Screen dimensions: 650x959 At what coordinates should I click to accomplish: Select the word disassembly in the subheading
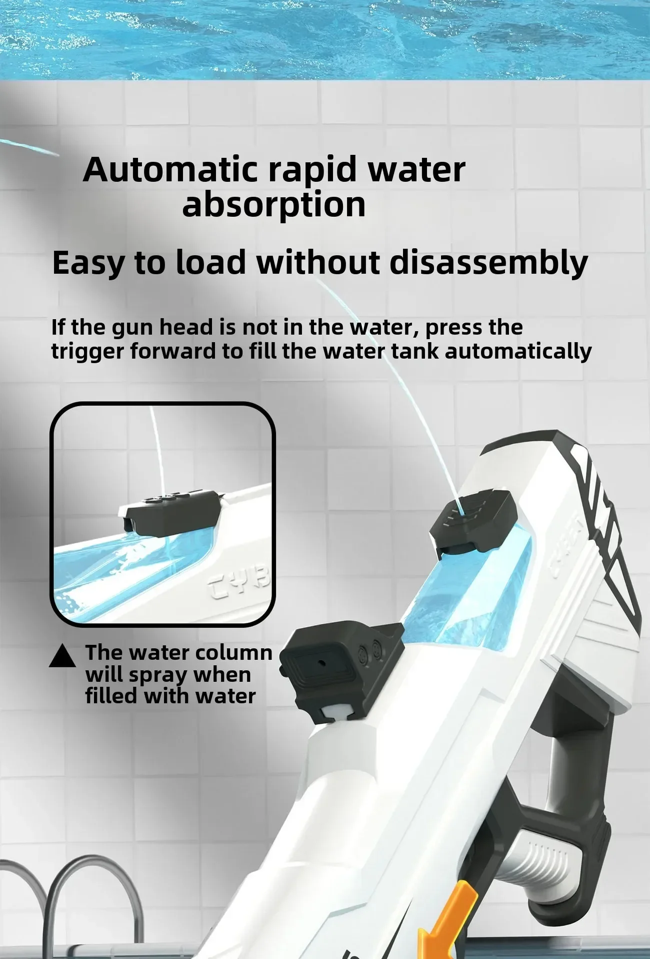pyautogui.click(x=488, y=263)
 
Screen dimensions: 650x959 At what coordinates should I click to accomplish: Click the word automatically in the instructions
pyautogui.click(x=517, y=352)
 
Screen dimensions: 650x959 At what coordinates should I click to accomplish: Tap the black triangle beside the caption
pyautogui.click(x=62, y=656)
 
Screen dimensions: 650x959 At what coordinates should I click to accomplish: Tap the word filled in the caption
pyautogui.click(x=111, y=696)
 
